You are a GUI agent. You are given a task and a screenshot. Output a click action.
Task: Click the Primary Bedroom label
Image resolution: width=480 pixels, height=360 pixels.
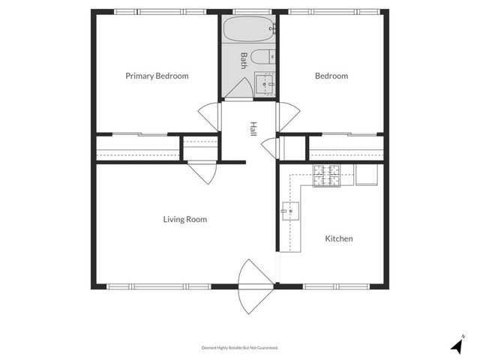tap(157, 76)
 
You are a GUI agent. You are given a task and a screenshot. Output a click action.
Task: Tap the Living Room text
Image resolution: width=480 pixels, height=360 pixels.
tap(185, 220)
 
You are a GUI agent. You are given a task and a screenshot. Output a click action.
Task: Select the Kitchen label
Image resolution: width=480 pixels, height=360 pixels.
tap(338, 238)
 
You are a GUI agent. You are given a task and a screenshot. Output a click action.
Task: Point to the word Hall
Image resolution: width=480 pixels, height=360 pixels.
tap(253, 129)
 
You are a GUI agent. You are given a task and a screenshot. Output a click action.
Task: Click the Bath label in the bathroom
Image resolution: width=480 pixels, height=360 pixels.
tap(243, 60)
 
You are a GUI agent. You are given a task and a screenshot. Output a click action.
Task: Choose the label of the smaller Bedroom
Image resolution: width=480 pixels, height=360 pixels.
tap(331, 76)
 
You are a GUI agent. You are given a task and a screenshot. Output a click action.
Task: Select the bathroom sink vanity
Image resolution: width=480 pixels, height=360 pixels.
tap(264, 84)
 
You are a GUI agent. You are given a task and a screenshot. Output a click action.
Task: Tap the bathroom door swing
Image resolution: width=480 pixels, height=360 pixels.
tap(238, 88)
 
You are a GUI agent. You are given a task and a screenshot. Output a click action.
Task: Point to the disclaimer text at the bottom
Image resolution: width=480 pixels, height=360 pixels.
tap(240, 347)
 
